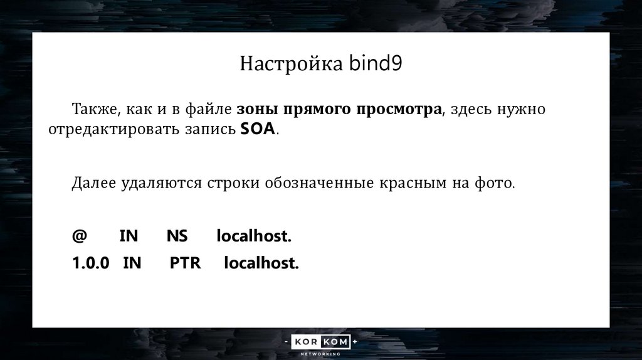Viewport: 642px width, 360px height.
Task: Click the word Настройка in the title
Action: point(290,65)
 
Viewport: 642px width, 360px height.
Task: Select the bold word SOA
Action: point(257,130)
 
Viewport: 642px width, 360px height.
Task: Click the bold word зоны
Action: point(257,110)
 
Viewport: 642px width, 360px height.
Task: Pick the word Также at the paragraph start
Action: point(92,110)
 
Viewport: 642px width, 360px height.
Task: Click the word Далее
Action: point(93,183)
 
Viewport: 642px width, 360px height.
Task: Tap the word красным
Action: point(408,183)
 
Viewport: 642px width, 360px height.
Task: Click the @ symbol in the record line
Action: point(79,236)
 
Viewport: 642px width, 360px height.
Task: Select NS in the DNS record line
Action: point(177,236)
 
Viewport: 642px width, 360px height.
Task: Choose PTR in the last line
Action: point(185,263)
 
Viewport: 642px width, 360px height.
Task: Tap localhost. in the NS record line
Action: point(255,236)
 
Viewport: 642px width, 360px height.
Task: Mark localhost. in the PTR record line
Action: point(261,263)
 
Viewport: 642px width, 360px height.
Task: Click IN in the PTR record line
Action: point(132,263)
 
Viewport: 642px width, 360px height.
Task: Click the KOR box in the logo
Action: point(307,342)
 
